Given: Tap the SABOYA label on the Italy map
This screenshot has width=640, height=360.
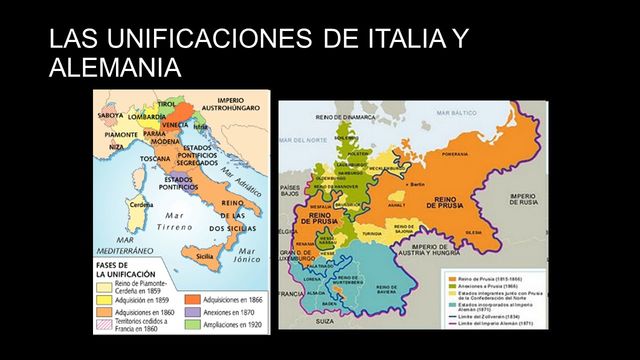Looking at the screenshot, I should (111, 114).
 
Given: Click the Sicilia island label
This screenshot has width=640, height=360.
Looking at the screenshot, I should (204, 255).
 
